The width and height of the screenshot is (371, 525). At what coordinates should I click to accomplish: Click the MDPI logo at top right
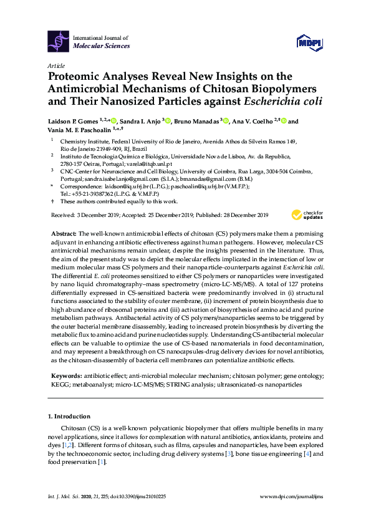[308, 42]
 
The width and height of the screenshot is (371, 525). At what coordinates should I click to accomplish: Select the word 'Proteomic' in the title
[75, 77]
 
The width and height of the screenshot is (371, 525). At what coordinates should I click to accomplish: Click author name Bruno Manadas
[203, 122]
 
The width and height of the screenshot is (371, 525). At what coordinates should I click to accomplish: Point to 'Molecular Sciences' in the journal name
[102, 46]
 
